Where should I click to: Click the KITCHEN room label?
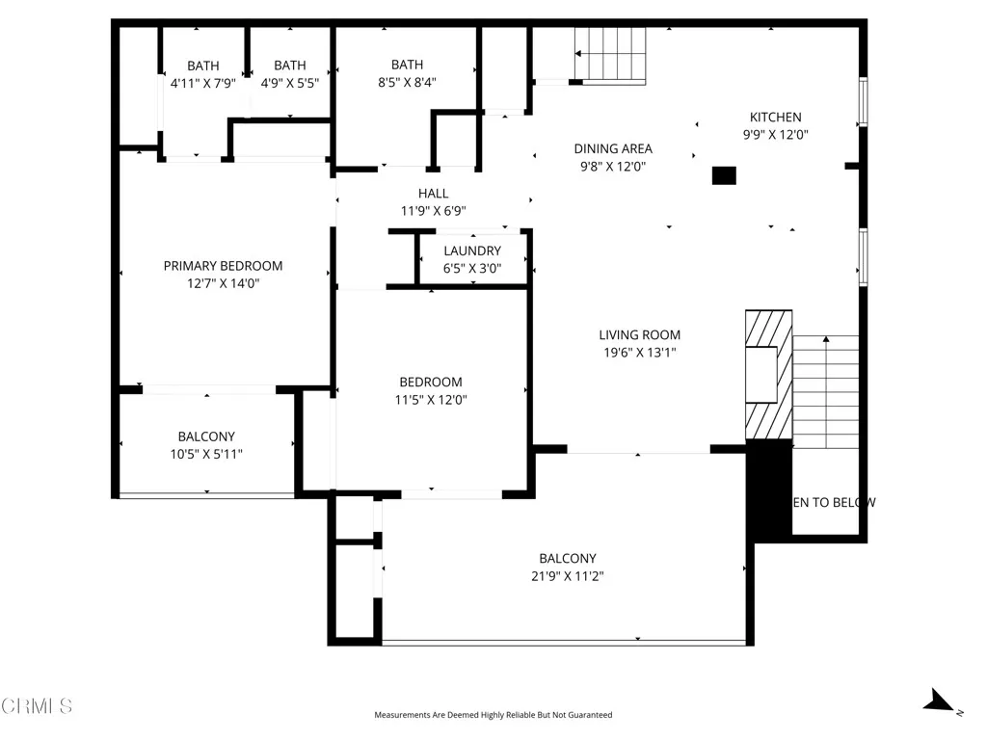(775, 118)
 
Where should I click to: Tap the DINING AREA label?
(613, 148)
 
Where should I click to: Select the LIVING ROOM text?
(639, 335)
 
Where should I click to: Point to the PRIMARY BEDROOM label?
(223, 266)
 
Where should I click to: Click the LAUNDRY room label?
(472, 251)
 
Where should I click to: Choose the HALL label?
(433, 194)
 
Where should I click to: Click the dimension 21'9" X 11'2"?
(567, 576)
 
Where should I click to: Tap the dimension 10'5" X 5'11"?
(205, 454)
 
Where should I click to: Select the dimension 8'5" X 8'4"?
(407, 83)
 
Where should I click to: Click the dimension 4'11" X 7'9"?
(202, 83)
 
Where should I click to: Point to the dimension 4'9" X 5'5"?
(289, 83)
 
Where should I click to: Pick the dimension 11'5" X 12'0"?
(431, 400)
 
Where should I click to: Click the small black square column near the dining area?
(723, 175)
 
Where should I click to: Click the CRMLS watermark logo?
(37, 706)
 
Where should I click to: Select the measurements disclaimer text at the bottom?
(493, 715)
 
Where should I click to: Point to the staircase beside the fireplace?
(825, 390)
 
